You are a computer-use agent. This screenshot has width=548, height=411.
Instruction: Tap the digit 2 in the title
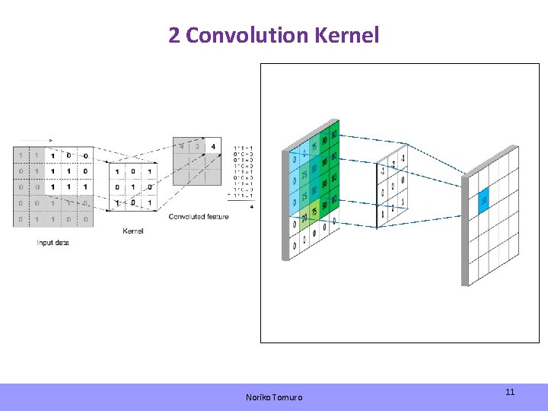174,35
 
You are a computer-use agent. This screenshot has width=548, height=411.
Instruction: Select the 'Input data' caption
53,243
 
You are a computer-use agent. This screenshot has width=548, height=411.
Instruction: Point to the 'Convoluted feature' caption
199,217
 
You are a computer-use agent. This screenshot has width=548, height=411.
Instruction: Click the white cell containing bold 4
213,146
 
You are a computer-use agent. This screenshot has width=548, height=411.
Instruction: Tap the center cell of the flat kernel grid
132,187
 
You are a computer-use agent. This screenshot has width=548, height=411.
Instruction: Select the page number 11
510,392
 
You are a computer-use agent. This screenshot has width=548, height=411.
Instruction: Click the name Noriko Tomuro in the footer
274,397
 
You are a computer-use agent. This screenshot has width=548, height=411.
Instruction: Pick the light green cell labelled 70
303,218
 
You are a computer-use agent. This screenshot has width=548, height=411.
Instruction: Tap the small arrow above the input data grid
50,140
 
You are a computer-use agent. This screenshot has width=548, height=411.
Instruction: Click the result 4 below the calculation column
251,206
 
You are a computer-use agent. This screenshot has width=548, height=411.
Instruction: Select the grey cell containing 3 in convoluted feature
197,146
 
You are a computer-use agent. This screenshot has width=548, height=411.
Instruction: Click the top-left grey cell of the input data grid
20,156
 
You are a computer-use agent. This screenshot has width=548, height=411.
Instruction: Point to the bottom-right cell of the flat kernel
149,203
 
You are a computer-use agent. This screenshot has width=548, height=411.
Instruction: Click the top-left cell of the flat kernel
116,172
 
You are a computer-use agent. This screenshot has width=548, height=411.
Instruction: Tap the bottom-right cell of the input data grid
85,219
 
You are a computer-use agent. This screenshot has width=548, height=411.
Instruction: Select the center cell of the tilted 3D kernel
392,183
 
